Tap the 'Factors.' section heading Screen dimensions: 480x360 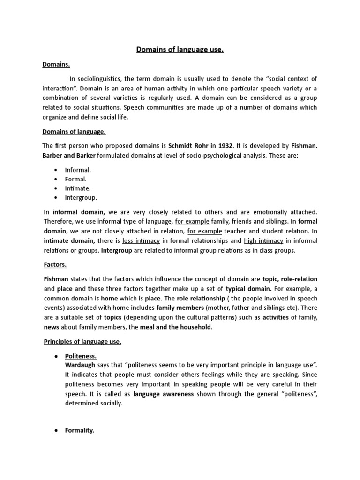coord(55,265)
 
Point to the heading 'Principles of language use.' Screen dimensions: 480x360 coord(82,342)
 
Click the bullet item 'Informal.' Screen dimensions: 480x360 coord(78,170)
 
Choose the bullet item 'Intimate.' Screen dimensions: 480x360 coord(78,188)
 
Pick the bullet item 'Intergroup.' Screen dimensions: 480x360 coord(81,198)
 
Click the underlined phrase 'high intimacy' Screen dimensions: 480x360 coord(263,241)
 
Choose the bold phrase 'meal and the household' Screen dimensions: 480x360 coord(176,327)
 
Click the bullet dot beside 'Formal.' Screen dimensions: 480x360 coord(57,179)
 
